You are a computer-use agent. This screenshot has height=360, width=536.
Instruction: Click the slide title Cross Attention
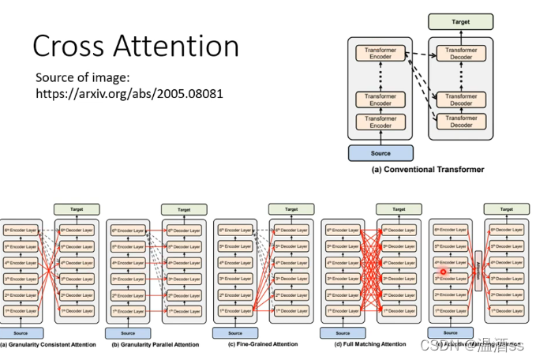point(135,46)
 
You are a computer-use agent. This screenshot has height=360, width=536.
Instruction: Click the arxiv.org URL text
point(129,93)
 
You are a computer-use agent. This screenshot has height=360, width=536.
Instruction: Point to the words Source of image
point(83,77)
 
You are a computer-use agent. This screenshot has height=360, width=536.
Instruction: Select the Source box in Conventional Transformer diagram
point(380,152)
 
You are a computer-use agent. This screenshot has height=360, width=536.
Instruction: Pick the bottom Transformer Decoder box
point(460,122)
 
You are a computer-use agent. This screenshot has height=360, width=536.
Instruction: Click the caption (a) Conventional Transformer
point(427,170)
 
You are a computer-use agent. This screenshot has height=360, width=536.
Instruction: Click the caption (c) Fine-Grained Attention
point(263,344)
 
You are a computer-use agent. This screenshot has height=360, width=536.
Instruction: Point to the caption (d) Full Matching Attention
point(369,344)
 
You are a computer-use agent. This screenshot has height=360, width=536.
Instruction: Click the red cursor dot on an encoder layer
point(444,272)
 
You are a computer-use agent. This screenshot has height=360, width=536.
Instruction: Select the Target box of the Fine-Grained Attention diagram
point(291,209)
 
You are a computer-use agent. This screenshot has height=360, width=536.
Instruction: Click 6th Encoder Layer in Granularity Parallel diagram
point(128,231)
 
